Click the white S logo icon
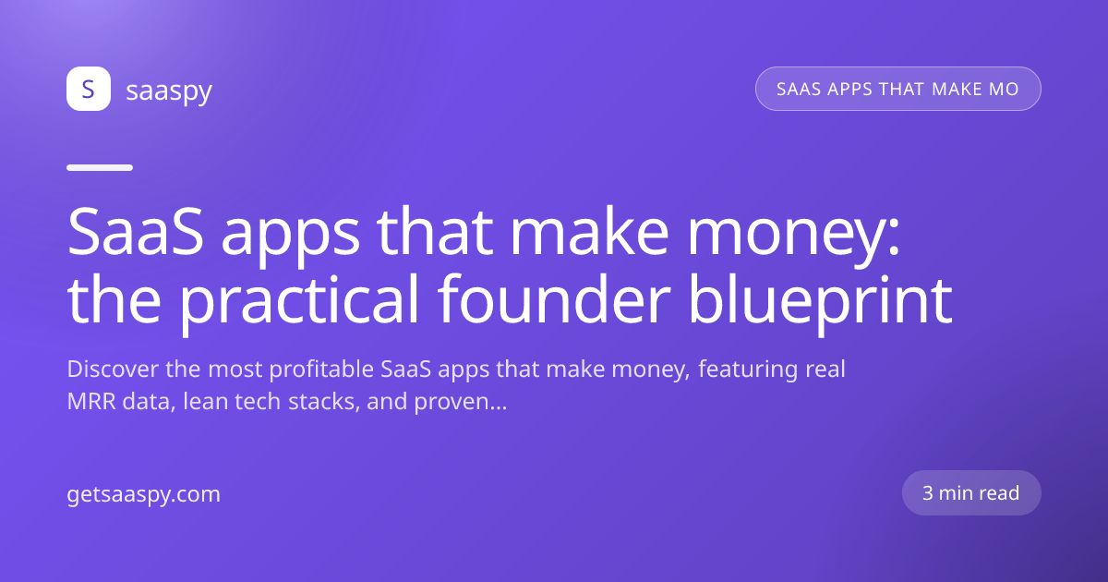tap(89, 89)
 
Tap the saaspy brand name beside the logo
tap(169, 91)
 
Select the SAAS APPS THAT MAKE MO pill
tap(897, 89)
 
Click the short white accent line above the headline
tap(100, 168)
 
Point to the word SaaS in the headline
tap(135, 232)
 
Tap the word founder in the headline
tap(554, 300)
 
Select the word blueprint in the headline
tap(820, 302)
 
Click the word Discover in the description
tap(113, 370)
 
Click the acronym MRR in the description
tap(91, 401)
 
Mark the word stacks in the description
tap(324, 401)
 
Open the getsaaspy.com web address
tap(143, 495)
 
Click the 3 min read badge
tap(971, 493)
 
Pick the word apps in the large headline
tap(290, 237)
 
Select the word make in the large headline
tap(589, 232)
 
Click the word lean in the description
tap(205, 401)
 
